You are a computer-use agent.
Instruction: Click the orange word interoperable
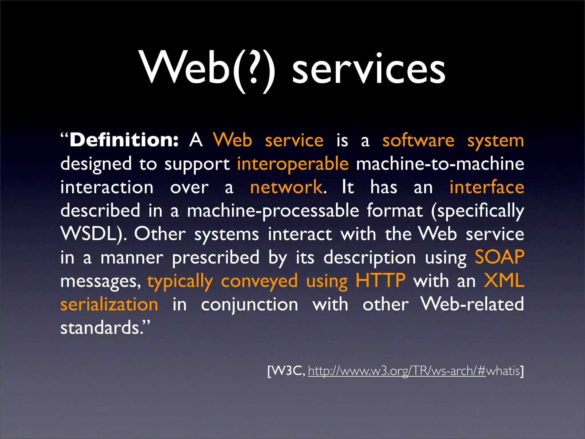pyautogui.click(x=293, y=164)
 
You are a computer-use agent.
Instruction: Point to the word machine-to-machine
pyautogui.click(x=440, y=164)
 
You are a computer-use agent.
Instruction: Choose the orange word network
pyautogui.click(x=286, y=187)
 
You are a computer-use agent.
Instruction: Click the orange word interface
pyautogui.click(x=487, y=187)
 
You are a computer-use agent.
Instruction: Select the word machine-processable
pyautogui.click(x=273, y=211)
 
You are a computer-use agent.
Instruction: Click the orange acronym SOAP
pyautogui.click(x=499, y=257)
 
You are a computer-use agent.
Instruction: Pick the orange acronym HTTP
pyautogui.click(x=380, y=281)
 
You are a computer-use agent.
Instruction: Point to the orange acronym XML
pyautogui.click(x=504, y=281)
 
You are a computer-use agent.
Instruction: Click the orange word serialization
pyautogui.click(x=109, y=304)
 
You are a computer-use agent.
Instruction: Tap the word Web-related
pyautogui.click(x=472, y=304)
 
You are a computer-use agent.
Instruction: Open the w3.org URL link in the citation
pyautogui.click(x=397, y=371)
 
